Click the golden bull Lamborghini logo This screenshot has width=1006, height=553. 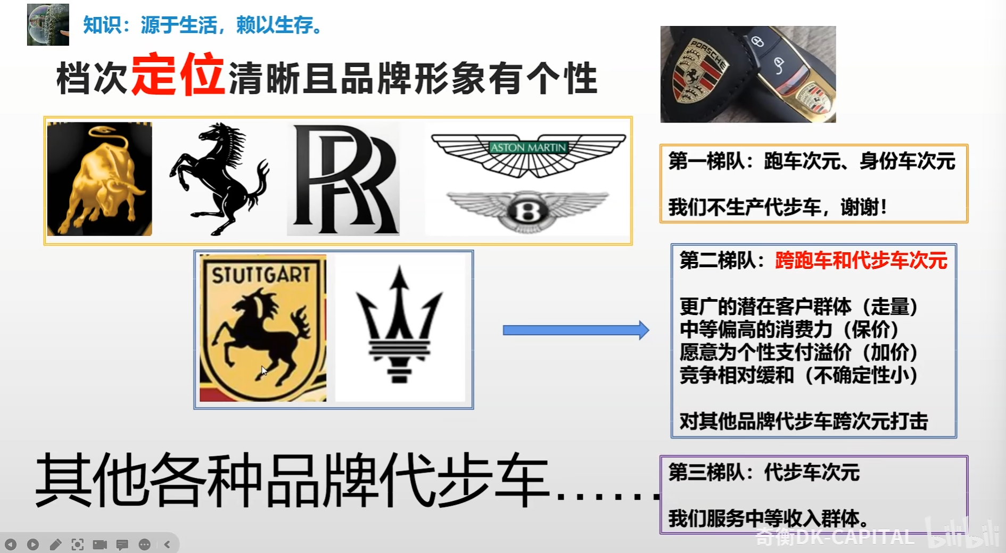tap(100, 179)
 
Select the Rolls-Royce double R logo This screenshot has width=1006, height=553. tap(344, 179)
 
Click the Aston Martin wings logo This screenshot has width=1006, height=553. tap(529, 154)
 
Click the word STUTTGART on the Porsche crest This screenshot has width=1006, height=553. tap(261, 275)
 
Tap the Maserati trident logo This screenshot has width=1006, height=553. tap(399, 325)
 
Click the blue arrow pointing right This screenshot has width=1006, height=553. tap(576, 331)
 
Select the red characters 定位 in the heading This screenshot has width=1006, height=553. tap(178, 75)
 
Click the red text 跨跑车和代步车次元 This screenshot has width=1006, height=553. tap(861, 260)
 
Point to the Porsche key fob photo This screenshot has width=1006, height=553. tap(748, 75)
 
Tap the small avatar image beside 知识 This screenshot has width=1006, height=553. tap(48, 24)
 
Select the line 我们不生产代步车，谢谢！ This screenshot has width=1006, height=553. tap(778, 207)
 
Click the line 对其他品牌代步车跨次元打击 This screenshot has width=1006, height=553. tap(804, 421)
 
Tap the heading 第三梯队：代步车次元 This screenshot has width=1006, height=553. tap(764, 472)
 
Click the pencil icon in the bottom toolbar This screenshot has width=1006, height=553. tap(55, 544)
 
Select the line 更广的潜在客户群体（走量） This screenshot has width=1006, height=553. tap(799, 307)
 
